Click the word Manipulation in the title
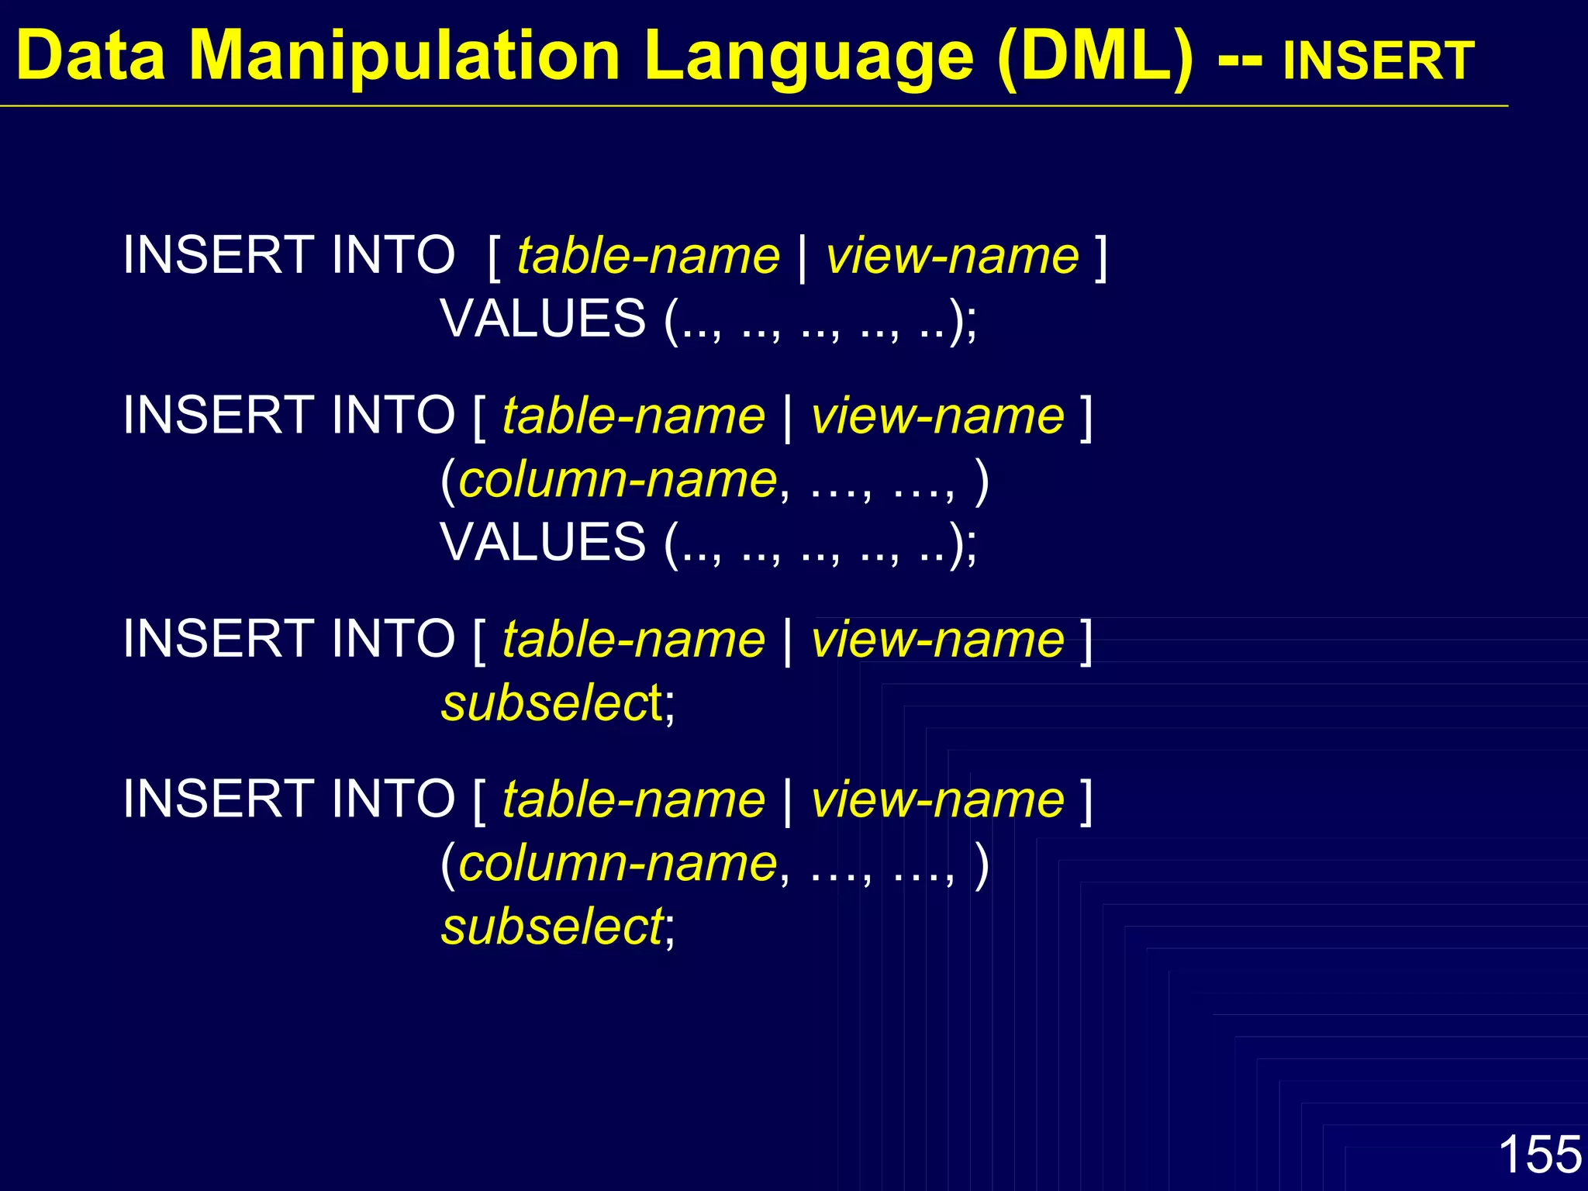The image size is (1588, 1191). click(405, 56)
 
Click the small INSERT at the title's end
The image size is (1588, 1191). click(1378, 60)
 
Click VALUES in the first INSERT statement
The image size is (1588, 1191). click(543, 319)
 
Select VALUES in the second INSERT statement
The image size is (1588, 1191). click(543, 542)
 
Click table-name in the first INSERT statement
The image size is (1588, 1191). click(648, 256)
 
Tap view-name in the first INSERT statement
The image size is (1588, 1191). click(952, 256)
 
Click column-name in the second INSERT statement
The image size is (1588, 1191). click(618, 480)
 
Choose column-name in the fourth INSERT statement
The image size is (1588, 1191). click(618, 864)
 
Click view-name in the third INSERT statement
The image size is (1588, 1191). click(937, 640)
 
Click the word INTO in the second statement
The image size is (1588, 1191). click(392, 416)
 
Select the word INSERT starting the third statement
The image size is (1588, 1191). click(216, 640)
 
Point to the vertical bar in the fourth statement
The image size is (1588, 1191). click(788, 801)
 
